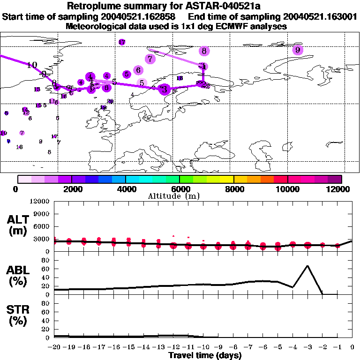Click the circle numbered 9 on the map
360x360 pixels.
coord(297,50)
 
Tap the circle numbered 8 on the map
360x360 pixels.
coord(203,51)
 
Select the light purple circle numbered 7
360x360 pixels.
coord(150,59)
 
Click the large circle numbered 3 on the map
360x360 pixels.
coord(164,89)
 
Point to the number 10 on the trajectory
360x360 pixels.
coord(32,65)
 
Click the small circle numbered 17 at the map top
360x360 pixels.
coord(122,42)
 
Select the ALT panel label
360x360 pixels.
coord(17,225)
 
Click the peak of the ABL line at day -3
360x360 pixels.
coord(307,266)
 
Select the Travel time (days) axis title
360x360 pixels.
coord(205,355)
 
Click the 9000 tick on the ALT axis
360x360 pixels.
coord(42,213)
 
